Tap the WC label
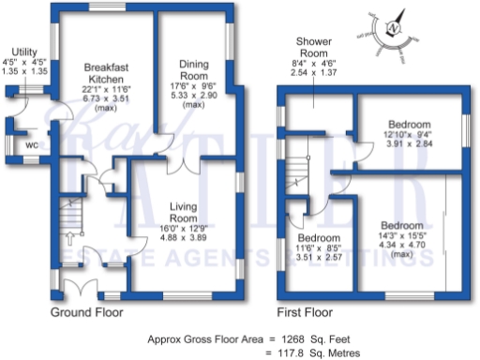tap(32, 146)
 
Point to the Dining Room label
tap(194, 68)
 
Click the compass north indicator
tap(394, 27)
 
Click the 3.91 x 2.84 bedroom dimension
tap(410, 145)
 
